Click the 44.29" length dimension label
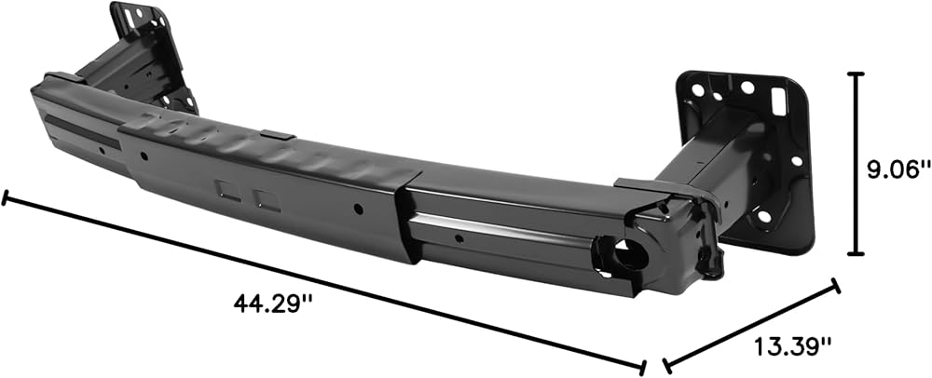tap(273, 304)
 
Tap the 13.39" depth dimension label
tap(793, 345)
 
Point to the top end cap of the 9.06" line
tap(856, 74)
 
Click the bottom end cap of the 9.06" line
tap(856, 254)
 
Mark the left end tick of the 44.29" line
tap(5, 197)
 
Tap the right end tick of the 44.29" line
tap(642, 368)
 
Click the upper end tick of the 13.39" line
tap(836, 286)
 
